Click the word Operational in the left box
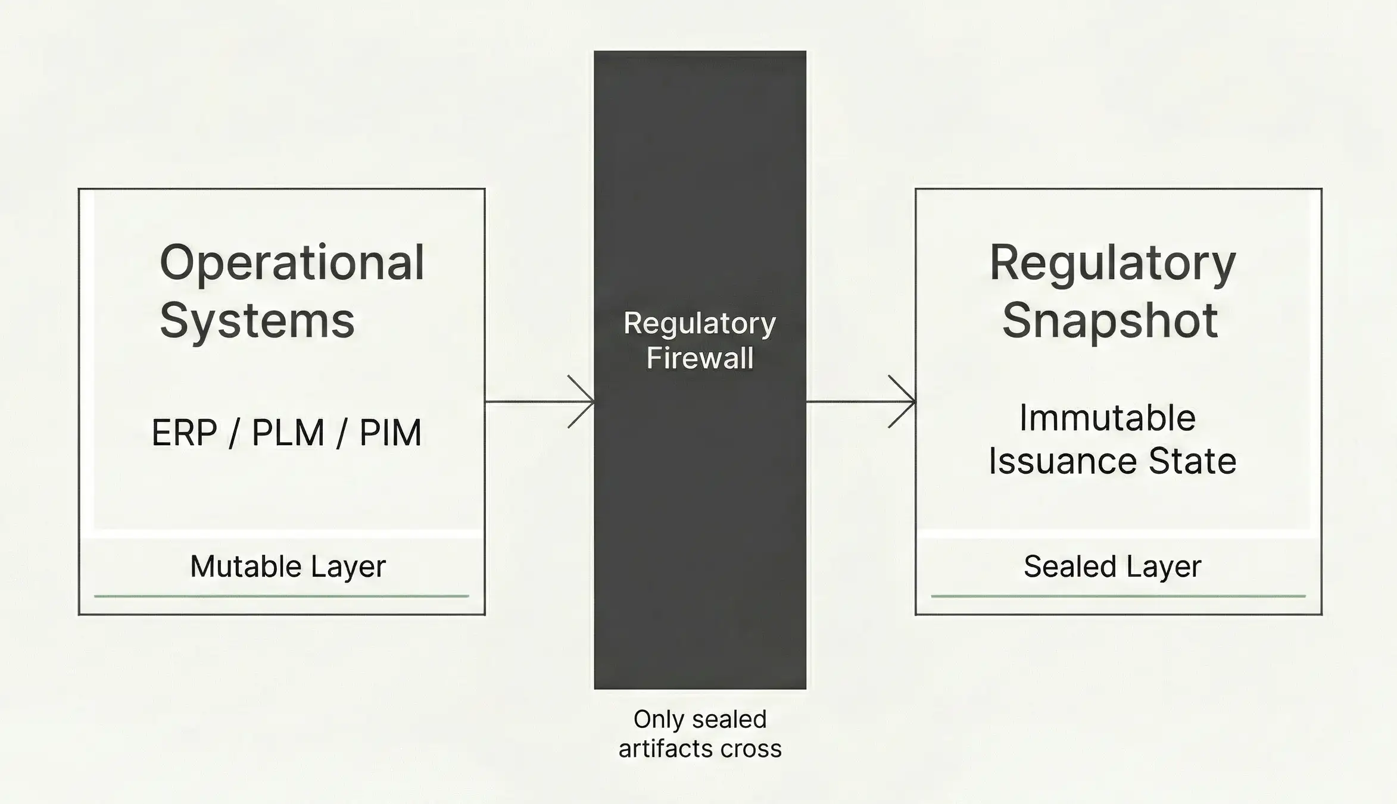[x=292, y=263]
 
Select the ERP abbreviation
[x=185, y=433]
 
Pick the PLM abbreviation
[x=288, y=433]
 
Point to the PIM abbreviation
[x=390, y=433]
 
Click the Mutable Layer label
[x=288, y=566]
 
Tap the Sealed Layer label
[x=1112, y=566]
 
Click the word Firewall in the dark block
[x=700, y=358]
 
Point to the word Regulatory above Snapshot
[x=1112, y=263]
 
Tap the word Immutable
[x=1107, y=418]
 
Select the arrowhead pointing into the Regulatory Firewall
[x=586, y=402]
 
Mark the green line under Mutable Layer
[x=281, y=596]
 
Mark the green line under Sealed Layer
[x=1118, y=596]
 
